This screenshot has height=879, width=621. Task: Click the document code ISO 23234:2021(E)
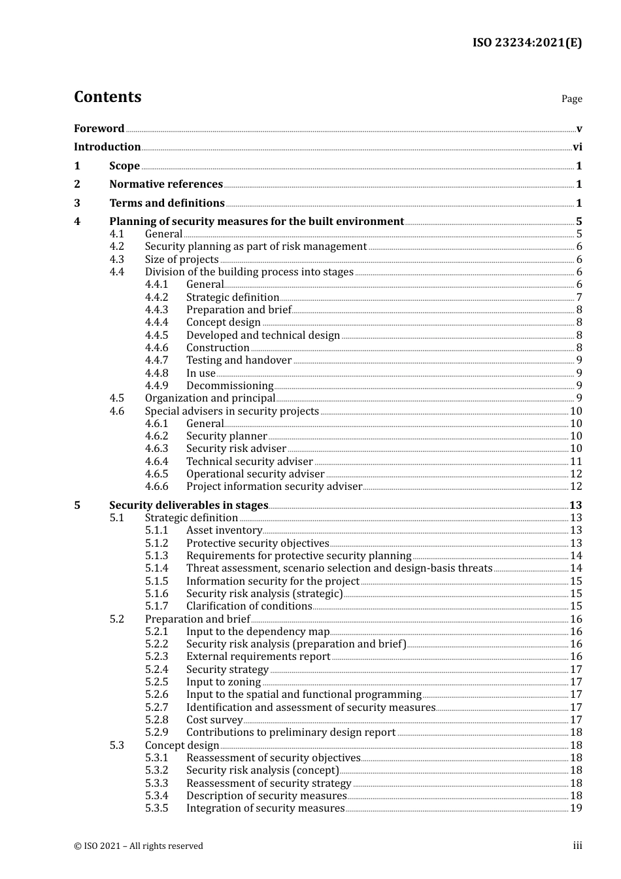(527, 43)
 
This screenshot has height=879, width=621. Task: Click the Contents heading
(107, 97)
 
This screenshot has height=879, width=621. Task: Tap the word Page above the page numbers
(571, 99)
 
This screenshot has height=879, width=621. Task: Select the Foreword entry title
(99, 129)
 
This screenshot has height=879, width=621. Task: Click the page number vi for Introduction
(577, 147)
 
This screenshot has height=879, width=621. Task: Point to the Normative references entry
(166, 184)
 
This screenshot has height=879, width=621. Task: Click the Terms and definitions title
(167, 203)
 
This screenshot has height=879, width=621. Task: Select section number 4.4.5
(156, 336)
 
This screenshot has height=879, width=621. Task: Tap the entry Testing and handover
(239, 360)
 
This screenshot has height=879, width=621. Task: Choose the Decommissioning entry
(229, 386)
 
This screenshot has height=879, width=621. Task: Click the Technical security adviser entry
(249, 462)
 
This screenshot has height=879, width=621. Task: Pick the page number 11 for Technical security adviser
(576, 462)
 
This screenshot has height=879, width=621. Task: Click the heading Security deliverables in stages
(188, 506)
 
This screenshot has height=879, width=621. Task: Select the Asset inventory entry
(224, 530)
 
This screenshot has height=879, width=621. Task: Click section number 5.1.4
(156, 568)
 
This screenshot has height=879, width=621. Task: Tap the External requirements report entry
(258, 657)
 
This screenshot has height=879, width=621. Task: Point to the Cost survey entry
(214, 720)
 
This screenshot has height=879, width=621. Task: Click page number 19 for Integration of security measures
(576, 808)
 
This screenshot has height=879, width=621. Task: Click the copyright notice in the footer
(139, 846)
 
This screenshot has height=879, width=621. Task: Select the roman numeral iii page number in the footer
(577, 846)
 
